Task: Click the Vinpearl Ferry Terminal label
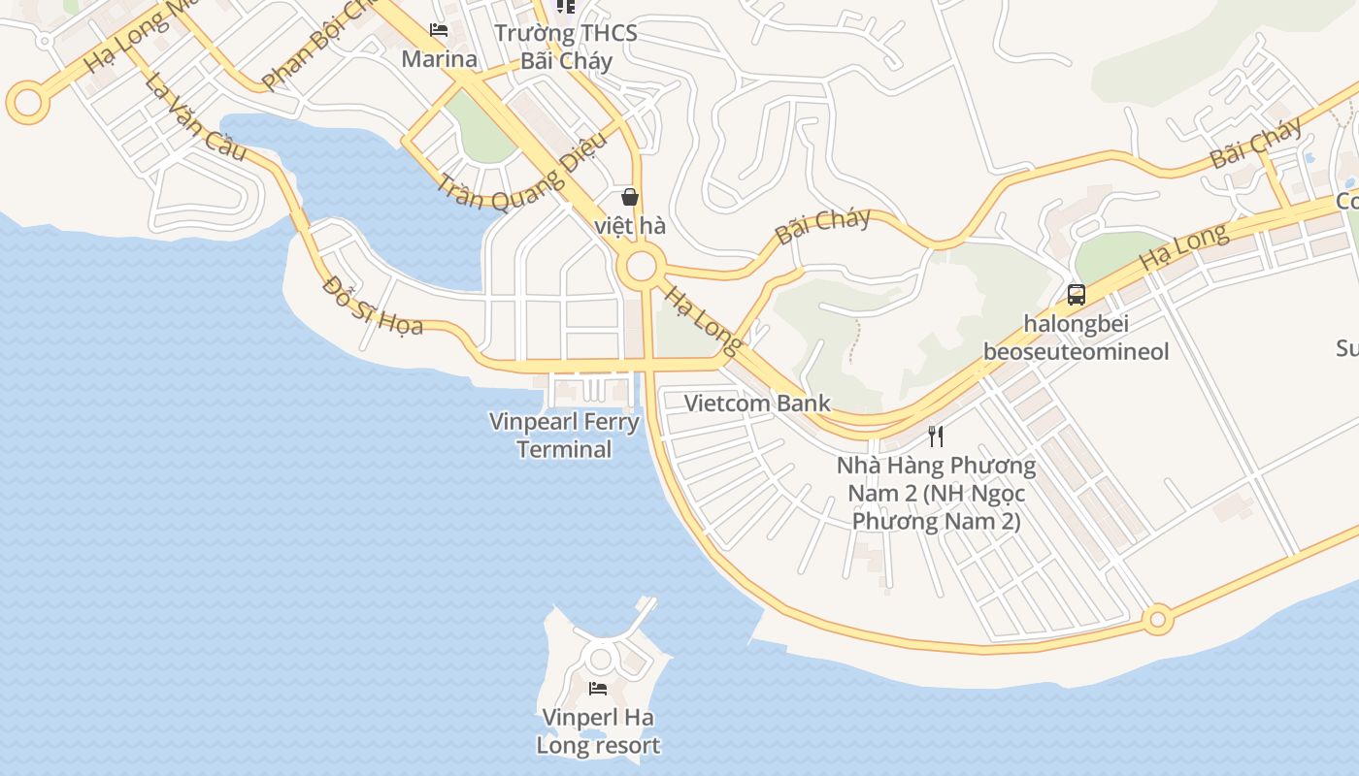pos(564,436)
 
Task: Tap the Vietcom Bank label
pos(757,403)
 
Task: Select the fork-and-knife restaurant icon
pos(936,436)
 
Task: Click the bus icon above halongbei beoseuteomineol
pos(1076,294)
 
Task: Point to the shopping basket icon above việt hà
pos(630,197)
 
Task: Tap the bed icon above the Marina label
pos(439,30)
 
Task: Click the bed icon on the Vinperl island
pos(598,689)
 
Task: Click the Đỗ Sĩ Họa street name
pos(374,306)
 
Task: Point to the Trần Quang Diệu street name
pos(521,173)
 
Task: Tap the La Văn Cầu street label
pos(194,117)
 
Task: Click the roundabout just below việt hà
pos(641,267)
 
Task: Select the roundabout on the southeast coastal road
pos(1156,619)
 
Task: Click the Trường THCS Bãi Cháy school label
pos(566,47)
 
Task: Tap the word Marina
pos(439,59)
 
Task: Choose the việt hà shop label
pos(630,226)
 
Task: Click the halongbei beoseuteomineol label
pos(1076,337)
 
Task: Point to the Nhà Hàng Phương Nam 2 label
pos(936,493)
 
